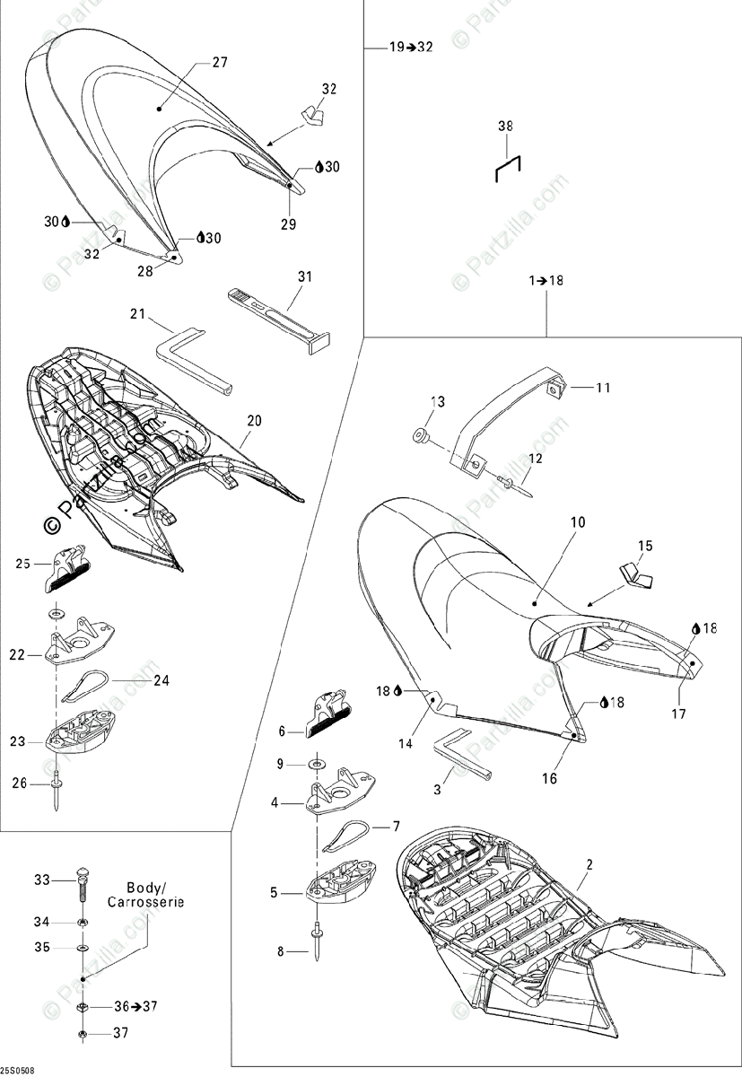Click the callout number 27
click(220, 63)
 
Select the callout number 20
click(254, 420)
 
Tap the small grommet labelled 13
click(419, 437)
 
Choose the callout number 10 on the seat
click(576, 521)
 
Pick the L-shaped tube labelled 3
click(461, 755)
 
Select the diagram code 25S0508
click(18, 1070)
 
